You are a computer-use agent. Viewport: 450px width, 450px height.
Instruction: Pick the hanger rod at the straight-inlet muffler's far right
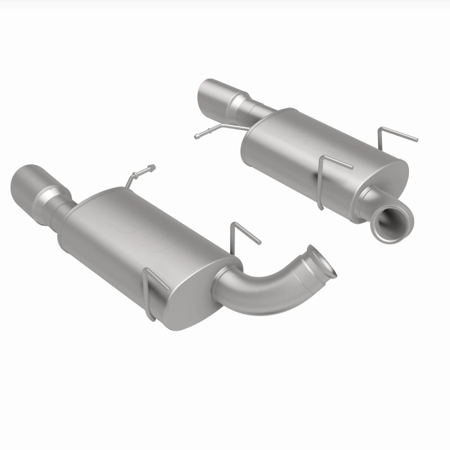click(x=397, y=135)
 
